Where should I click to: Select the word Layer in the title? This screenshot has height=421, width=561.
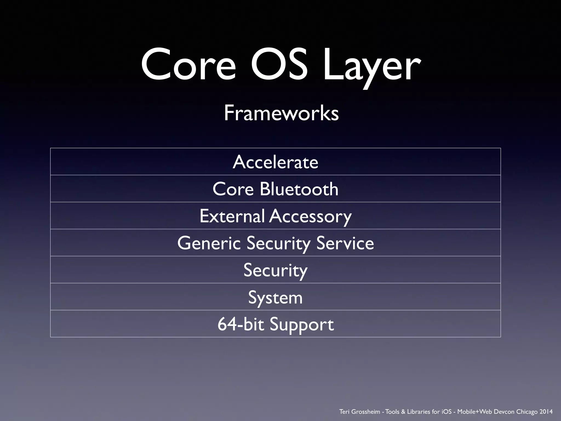pyautogui.click(x=371, y=67)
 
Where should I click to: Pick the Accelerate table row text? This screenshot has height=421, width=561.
pyautogui.click(x=276, y=162)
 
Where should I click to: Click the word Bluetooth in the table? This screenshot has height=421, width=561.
pyautogui.click(x=299, y=189)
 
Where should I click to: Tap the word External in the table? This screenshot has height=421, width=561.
pyautogui.click(x=232, y=216)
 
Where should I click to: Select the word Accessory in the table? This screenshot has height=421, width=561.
pyautogui.click(x=310, y=217)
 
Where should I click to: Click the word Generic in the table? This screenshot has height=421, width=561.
pyautogui.click(x=209, y=243)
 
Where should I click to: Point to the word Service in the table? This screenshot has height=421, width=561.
pyautogui.click(x=345, y=243)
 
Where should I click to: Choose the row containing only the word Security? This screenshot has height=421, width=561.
pyautogui.click(x=276, y=270)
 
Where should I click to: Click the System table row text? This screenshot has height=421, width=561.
pyautogui.click(x=275, y=297)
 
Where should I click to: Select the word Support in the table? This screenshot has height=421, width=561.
pyautogui.click(x=302, y=325)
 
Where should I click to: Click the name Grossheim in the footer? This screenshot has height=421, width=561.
pyautogui.click(x=366, y=412)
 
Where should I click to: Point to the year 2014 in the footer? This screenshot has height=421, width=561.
pyautogui.click(x=546, y=412)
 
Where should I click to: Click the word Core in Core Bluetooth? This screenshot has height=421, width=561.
pyautogui.click(x=233, y=189)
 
